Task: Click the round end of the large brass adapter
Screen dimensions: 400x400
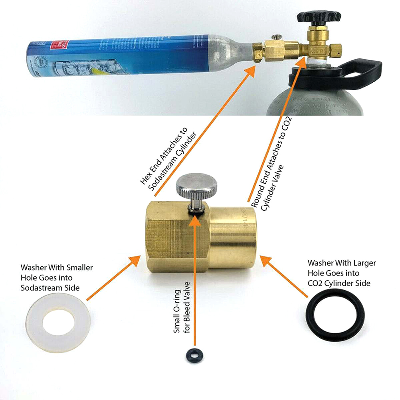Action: [232, 240]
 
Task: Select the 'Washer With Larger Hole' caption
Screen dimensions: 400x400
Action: [341, 273]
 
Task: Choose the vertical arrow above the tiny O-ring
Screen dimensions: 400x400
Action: [195, 279]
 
